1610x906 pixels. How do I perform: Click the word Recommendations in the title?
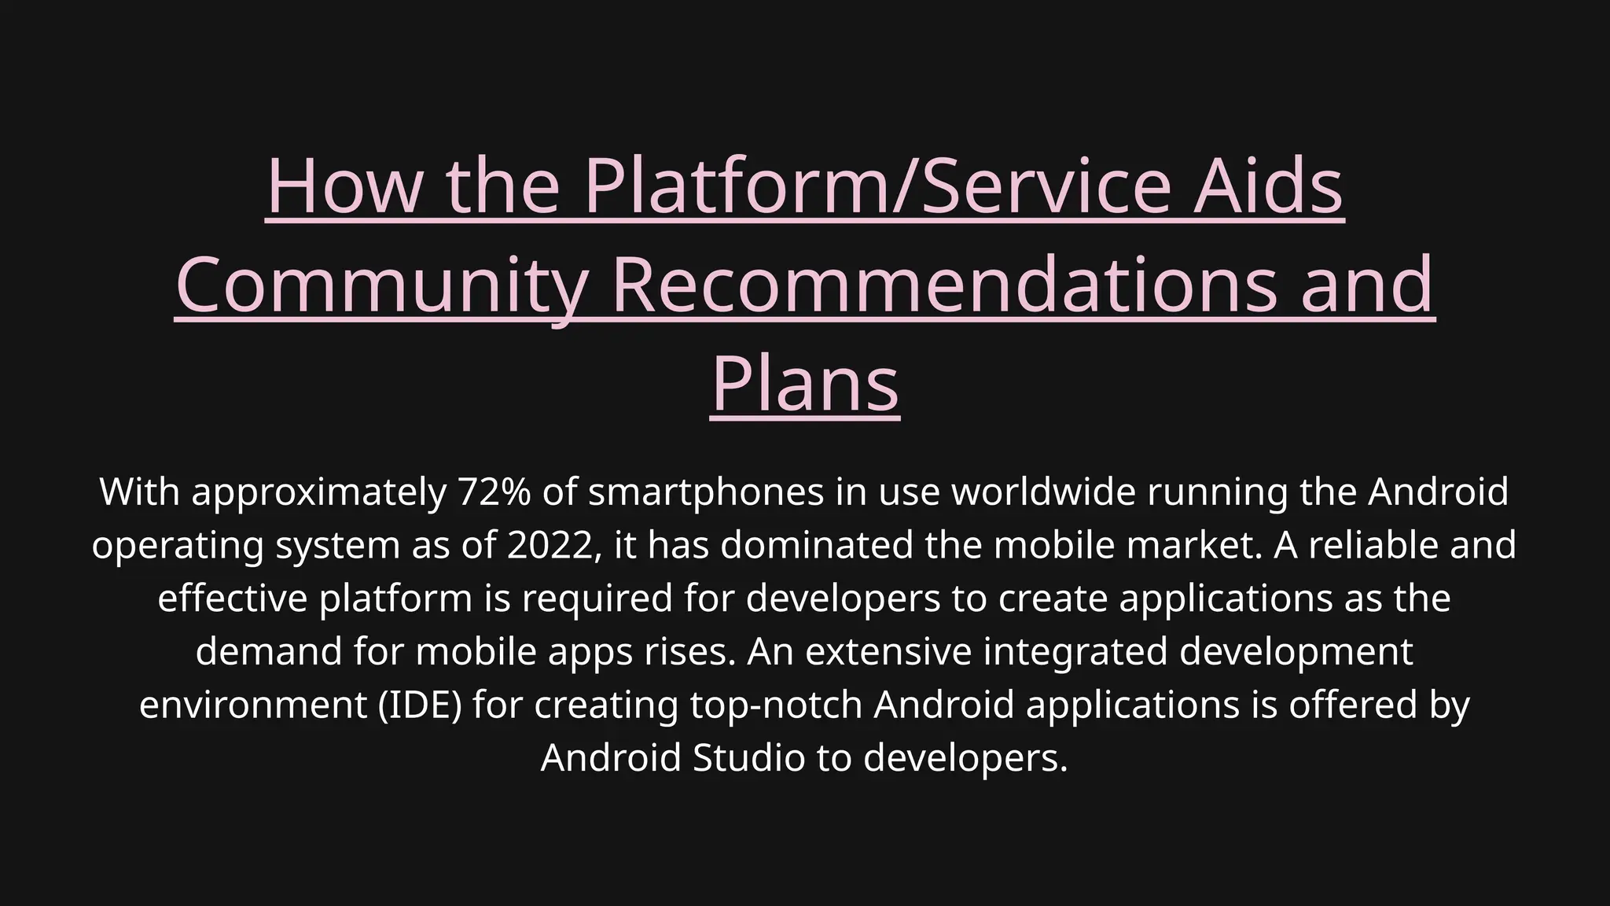pyautogui.click(x=944, y=285)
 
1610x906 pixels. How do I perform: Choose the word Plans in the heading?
pyautogui.click(x=805, y=384)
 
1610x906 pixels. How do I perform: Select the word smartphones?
pyautogui.click(x=706, y=492)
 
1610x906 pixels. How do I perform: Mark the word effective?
pyautogui.click(x=232, y=598)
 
